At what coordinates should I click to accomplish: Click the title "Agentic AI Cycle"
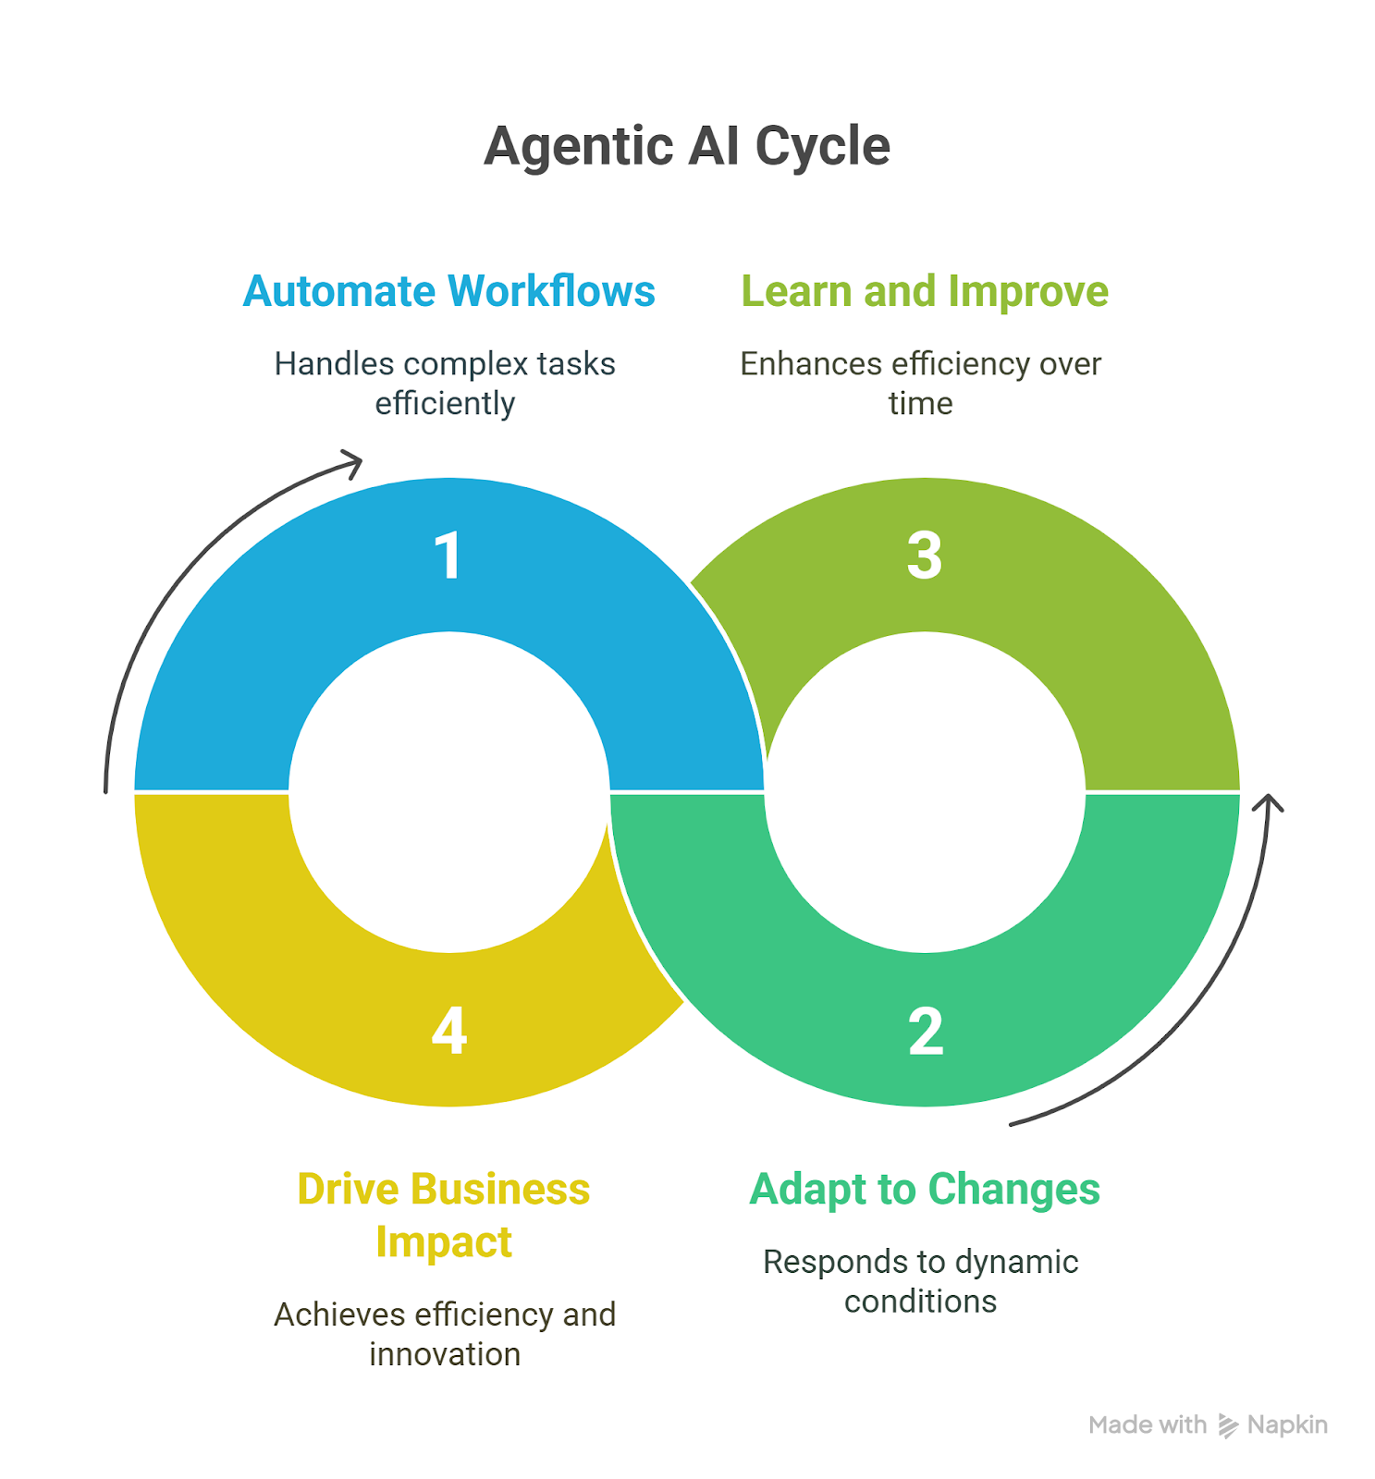[x=687, y=147]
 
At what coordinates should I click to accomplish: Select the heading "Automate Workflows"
[x=448, y=291]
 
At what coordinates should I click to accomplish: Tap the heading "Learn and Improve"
[x=925, y=292]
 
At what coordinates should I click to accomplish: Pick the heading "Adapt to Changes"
[x=925, y=1189]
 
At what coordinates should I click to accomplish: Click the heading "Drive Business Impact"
[x=444, y=1216]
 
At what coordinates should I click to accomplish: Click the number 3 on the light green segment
[x=925, y=556]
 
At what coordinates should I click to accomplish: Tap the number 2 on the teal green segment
[x=926, y=1032]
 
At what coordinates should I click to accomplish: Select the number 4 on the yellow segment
[x=449, y=1032]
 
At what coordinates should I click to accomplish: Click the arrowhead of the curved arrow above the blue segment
[x=352, y=462]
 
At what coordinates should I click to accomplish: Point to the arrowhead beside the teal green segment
[x=1269, y=802]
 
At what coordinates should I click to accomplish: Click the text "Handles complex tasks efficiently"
[x=445, y=384]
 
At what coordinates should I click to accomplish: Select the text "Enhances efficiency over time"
[x=921, y=384]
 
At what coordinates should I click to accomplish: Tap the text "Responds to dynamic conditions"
[x=921, y=1281]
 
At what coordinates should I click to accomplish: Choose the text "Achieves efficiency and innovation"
[x=445, y=1334]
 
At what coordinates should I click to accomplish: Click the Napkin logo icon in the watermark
[x=1228, y=1425]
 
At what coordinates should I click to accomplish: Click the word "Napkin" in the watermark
[x=1287, y=1425]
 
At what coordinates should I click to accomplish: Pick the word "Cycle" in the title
[x=823, y=147]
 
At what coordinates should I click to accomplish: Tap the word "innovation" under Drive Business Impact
[x=445, y=1354]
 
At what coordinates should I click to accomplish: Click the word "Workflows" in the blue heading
[x=552, y=291]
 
